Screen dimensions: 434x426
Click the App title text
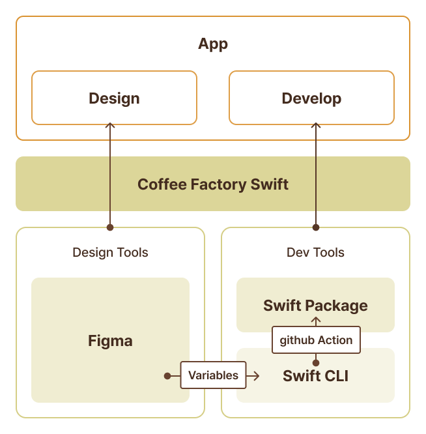(213, 44)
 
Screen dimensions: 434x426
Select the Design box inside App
(114, 98)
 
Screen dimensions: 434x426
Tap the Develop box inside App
(311, 98)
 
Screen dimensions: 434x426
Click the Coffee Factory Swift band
(213, 184)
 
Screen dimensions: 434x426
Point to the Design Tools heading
(110, 252)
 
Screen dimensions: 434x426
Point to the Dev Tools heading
(315, 252)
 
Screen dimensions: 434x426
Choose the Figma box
(110, 340)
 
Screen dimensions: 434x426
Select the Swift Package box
(315, 305)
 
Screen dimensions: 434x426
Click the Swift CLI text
(315, 376)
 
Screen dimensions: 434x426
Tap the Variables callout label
(213, 375)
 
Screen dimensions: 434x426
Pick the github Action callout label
(316, 340)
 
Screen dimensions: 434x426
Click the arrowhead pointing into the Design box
(110, 126)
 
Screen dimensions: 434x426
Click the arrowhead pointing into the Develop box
(316, 126)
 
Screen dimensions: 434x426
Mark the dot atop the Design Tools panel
(110, 227)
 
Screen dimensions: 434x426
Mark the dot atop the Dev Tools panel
(316, 227)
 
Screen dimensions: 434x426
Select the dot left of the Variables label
(167, 376)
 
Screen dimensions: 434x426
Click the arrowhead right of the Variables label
(257, 376)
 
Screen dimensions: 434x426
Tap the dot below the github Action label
(316, 362)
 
